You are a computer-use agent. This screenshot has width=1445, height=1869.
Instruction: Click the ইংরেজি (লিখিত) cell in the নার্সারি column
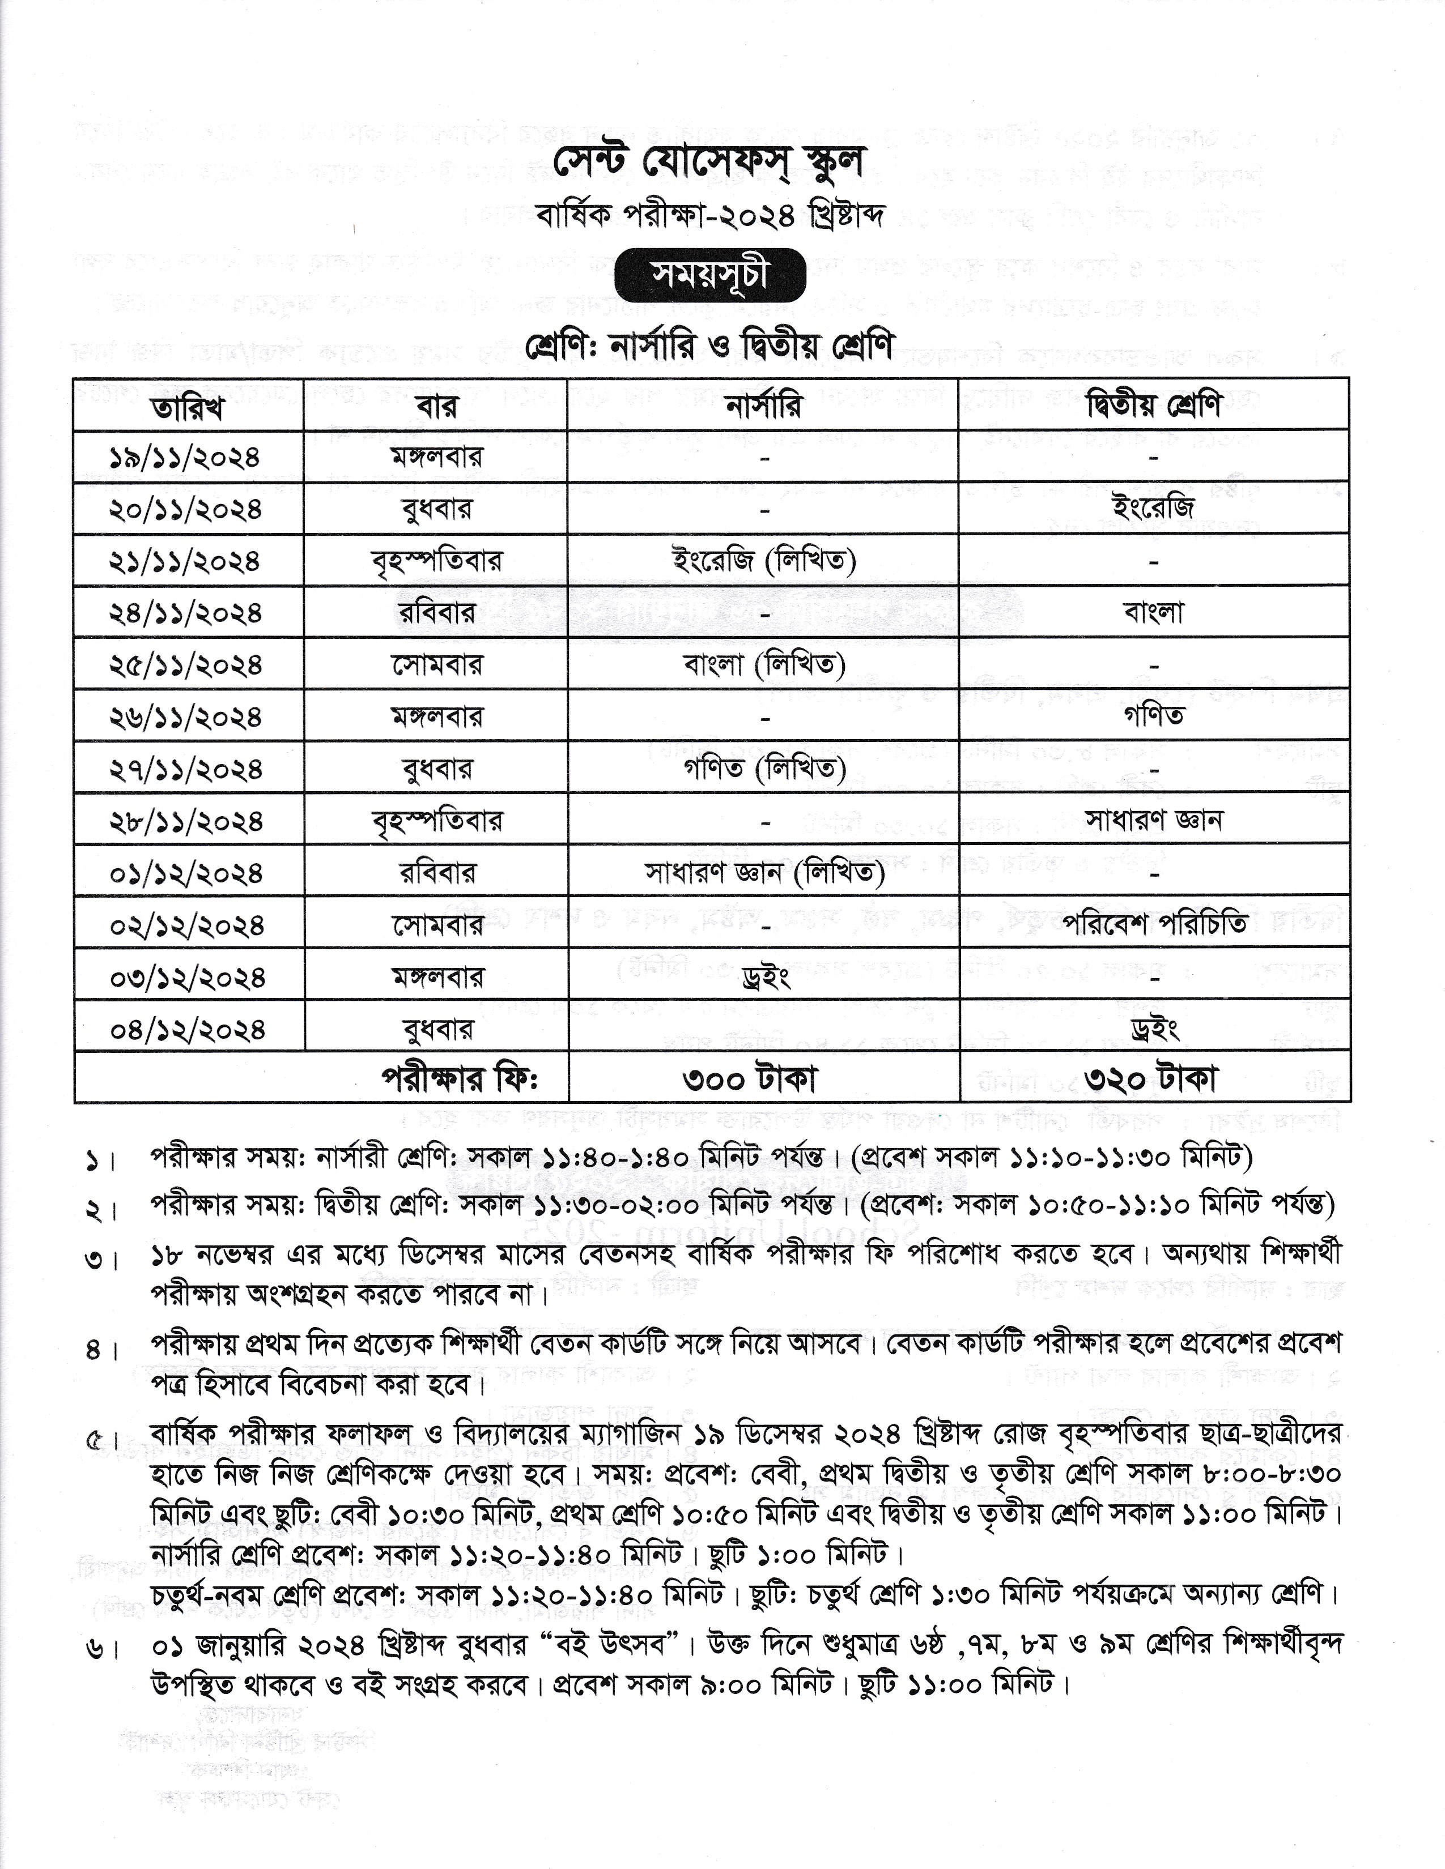point(764,561)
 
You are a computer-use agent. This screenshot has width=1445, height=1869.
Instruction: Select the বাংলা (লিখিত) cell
point(764,664)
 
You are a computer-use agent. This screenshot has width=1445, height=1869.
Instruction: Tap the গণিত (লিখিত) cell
point(764,769)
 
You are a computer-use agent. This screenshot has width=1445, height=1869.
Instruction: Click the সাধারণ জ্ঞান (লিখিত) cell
point(764,873)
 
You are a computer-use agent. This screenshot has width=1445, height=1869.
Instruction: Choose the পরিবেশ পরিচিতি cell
point(1154,924)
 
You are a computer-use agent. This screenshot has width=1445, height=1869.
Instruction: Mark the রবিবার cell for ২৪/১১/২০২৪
point(436,613)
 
